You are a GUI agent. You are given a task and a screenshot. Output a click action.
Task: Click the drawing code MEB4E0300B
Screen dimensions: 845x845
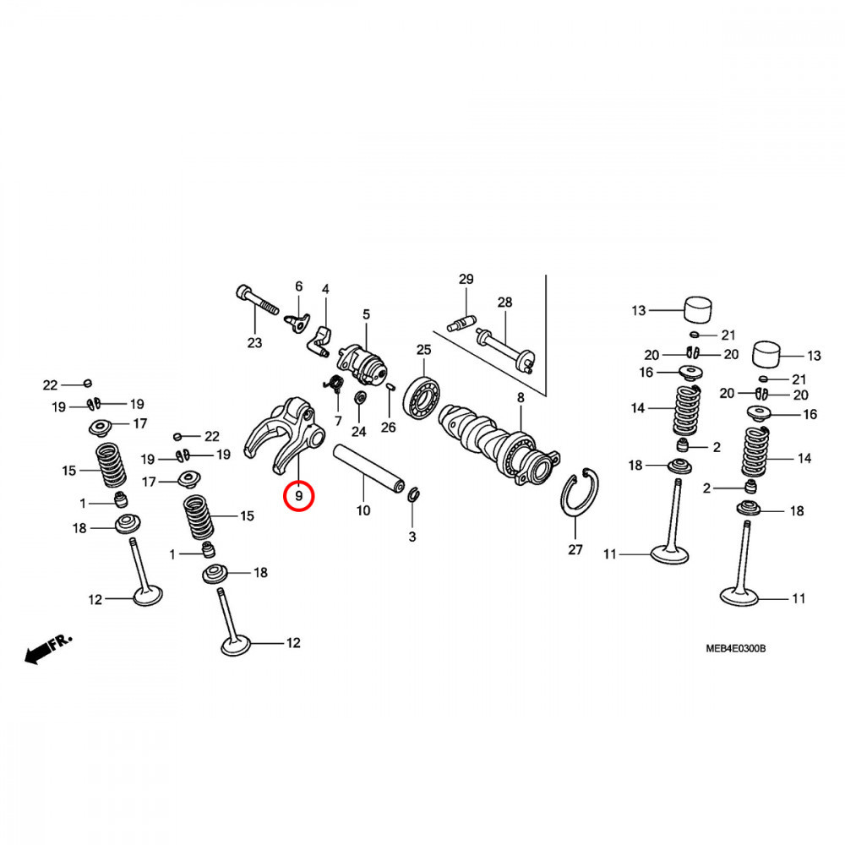pyautogui.click(x=736, y=649)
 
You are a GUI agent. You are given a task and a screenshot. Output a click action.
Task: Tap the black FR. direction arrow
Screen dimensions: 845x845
pyautogui.click(x=38, y=652)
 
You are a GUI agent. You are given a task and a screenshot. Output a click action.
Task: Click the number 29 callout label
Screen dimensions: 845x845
pyautogui.click(x=466, y=280)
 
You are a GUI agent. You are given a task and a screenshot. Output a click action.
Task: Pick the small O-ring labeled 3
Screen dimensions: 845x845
pyautogui.click(x=414, y=495)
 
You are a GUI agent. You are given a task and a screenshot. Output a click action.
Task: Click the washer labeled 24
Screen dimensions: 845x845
pyautogui.click(x=359, y=397)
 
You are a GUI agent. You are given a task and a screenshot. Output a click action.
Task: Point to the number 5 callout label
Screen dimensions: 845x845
pyautogui.click(x=366, y=314)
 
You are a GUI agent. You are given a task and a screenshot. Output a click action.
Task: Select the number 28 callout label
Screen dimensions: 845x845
pyautogui.click(x=504, y=303)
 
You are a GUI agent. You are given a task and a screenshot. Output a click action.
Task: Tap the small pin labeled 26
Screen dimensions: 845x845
pyautogui.click(x=390, y=388)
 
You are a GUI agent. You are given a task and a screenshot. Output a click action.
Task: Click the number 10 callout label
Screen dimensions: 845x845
pyautogui.click(x=363, y=510)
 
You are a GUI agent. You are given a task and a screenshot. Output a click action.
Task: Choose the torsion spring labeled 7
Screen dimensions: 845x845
pyautogui.click(x=333, y=386)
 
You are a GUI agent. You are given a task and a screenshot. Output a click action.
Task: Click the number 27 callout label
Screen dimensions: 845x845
pyautogui.click(x=575, y=549)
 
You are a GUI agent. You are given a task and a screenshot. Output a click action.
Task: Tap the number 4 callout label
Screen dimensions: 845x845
pyautogui.click(x=325, y=290)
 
